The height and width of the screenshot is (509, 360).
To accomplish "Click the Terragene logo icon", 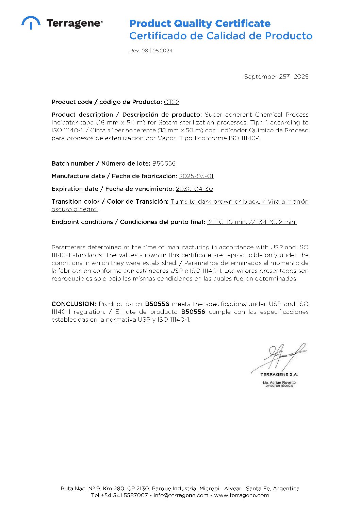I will click(31, 22).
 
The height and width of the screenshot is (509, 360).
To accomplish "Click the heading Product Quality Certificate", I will click(200, 23).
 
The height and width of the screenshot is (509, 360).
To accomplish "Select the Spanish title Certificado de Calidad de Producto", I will click(221, 36).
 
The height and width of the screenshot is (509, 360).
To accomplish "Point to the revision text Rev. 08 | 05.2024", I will click(151, 51).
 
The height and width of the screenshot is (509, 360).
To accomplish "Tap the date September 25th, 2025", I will click(276, 77).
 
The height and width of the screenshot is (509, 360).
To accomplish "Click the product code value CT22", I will click(171, 102).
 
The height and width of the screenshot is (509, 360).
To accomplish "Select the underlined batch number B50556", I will click(164, 164).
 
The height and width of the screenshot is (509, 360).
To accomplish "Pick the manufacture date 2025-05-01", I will click(196, 176).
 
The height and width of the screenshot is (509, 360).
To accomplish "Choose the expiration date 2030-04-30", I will click(194, 189).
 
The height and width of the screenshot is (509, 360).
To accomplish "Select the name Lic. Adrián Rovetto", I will click(279, 383).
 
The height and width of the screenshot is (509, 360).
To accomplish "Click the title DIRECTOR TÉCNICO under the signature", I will click(279, 386).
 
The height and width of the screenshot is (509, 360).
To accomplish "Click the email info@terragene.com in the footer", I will click(181, 495).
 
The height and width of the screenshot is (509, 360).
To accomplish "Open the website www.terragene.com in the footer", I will click(241, 495).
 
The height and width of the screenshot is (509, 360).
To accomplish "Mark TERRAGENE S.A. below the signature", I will click(279, 374).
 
